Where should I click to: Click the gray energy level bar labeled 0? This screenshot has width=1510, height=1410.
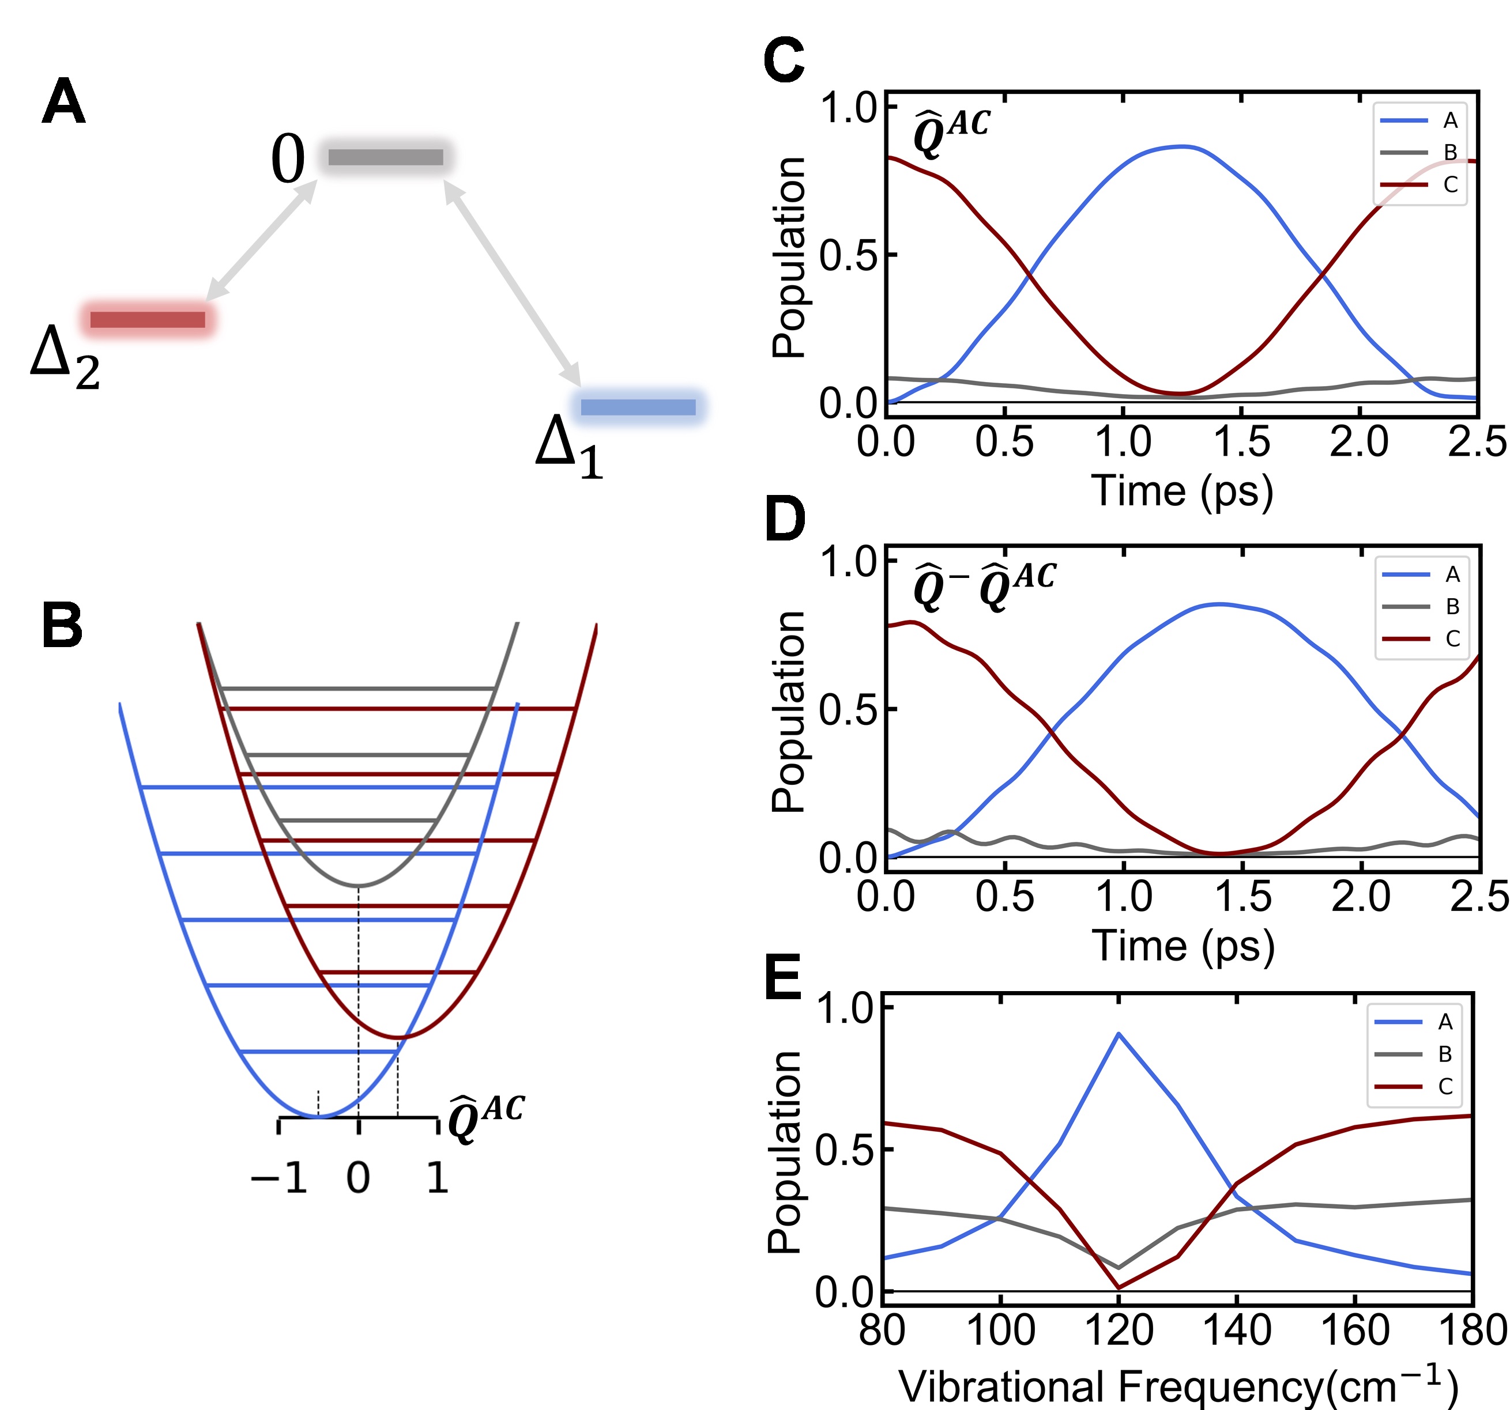pos(385,157)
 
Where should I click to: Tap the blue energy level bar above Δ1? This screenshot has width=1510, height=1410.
pos(638,407)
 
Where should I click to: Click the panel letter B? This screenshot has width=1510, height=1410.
pos(62,626)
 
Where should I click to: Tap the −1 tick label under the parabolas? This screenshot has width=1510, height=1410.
pos(278,1179)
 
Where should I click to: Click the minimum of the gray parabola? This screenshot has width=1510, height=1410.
pos(359,885)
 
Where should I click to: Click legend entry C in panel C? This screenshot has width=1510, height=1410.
pos(1450,184)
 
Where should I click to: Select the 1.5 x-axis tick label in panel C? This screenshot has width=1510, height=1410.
pos(1242,443)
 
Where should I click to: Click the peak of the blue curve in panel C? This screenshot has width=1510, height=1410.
pos(1183,146)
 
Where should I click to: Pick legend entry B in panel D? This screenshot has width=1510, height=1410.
pos(1452,607)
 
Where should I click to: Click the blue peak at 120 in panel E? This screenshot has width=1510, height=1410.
pos(1118,1033)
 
